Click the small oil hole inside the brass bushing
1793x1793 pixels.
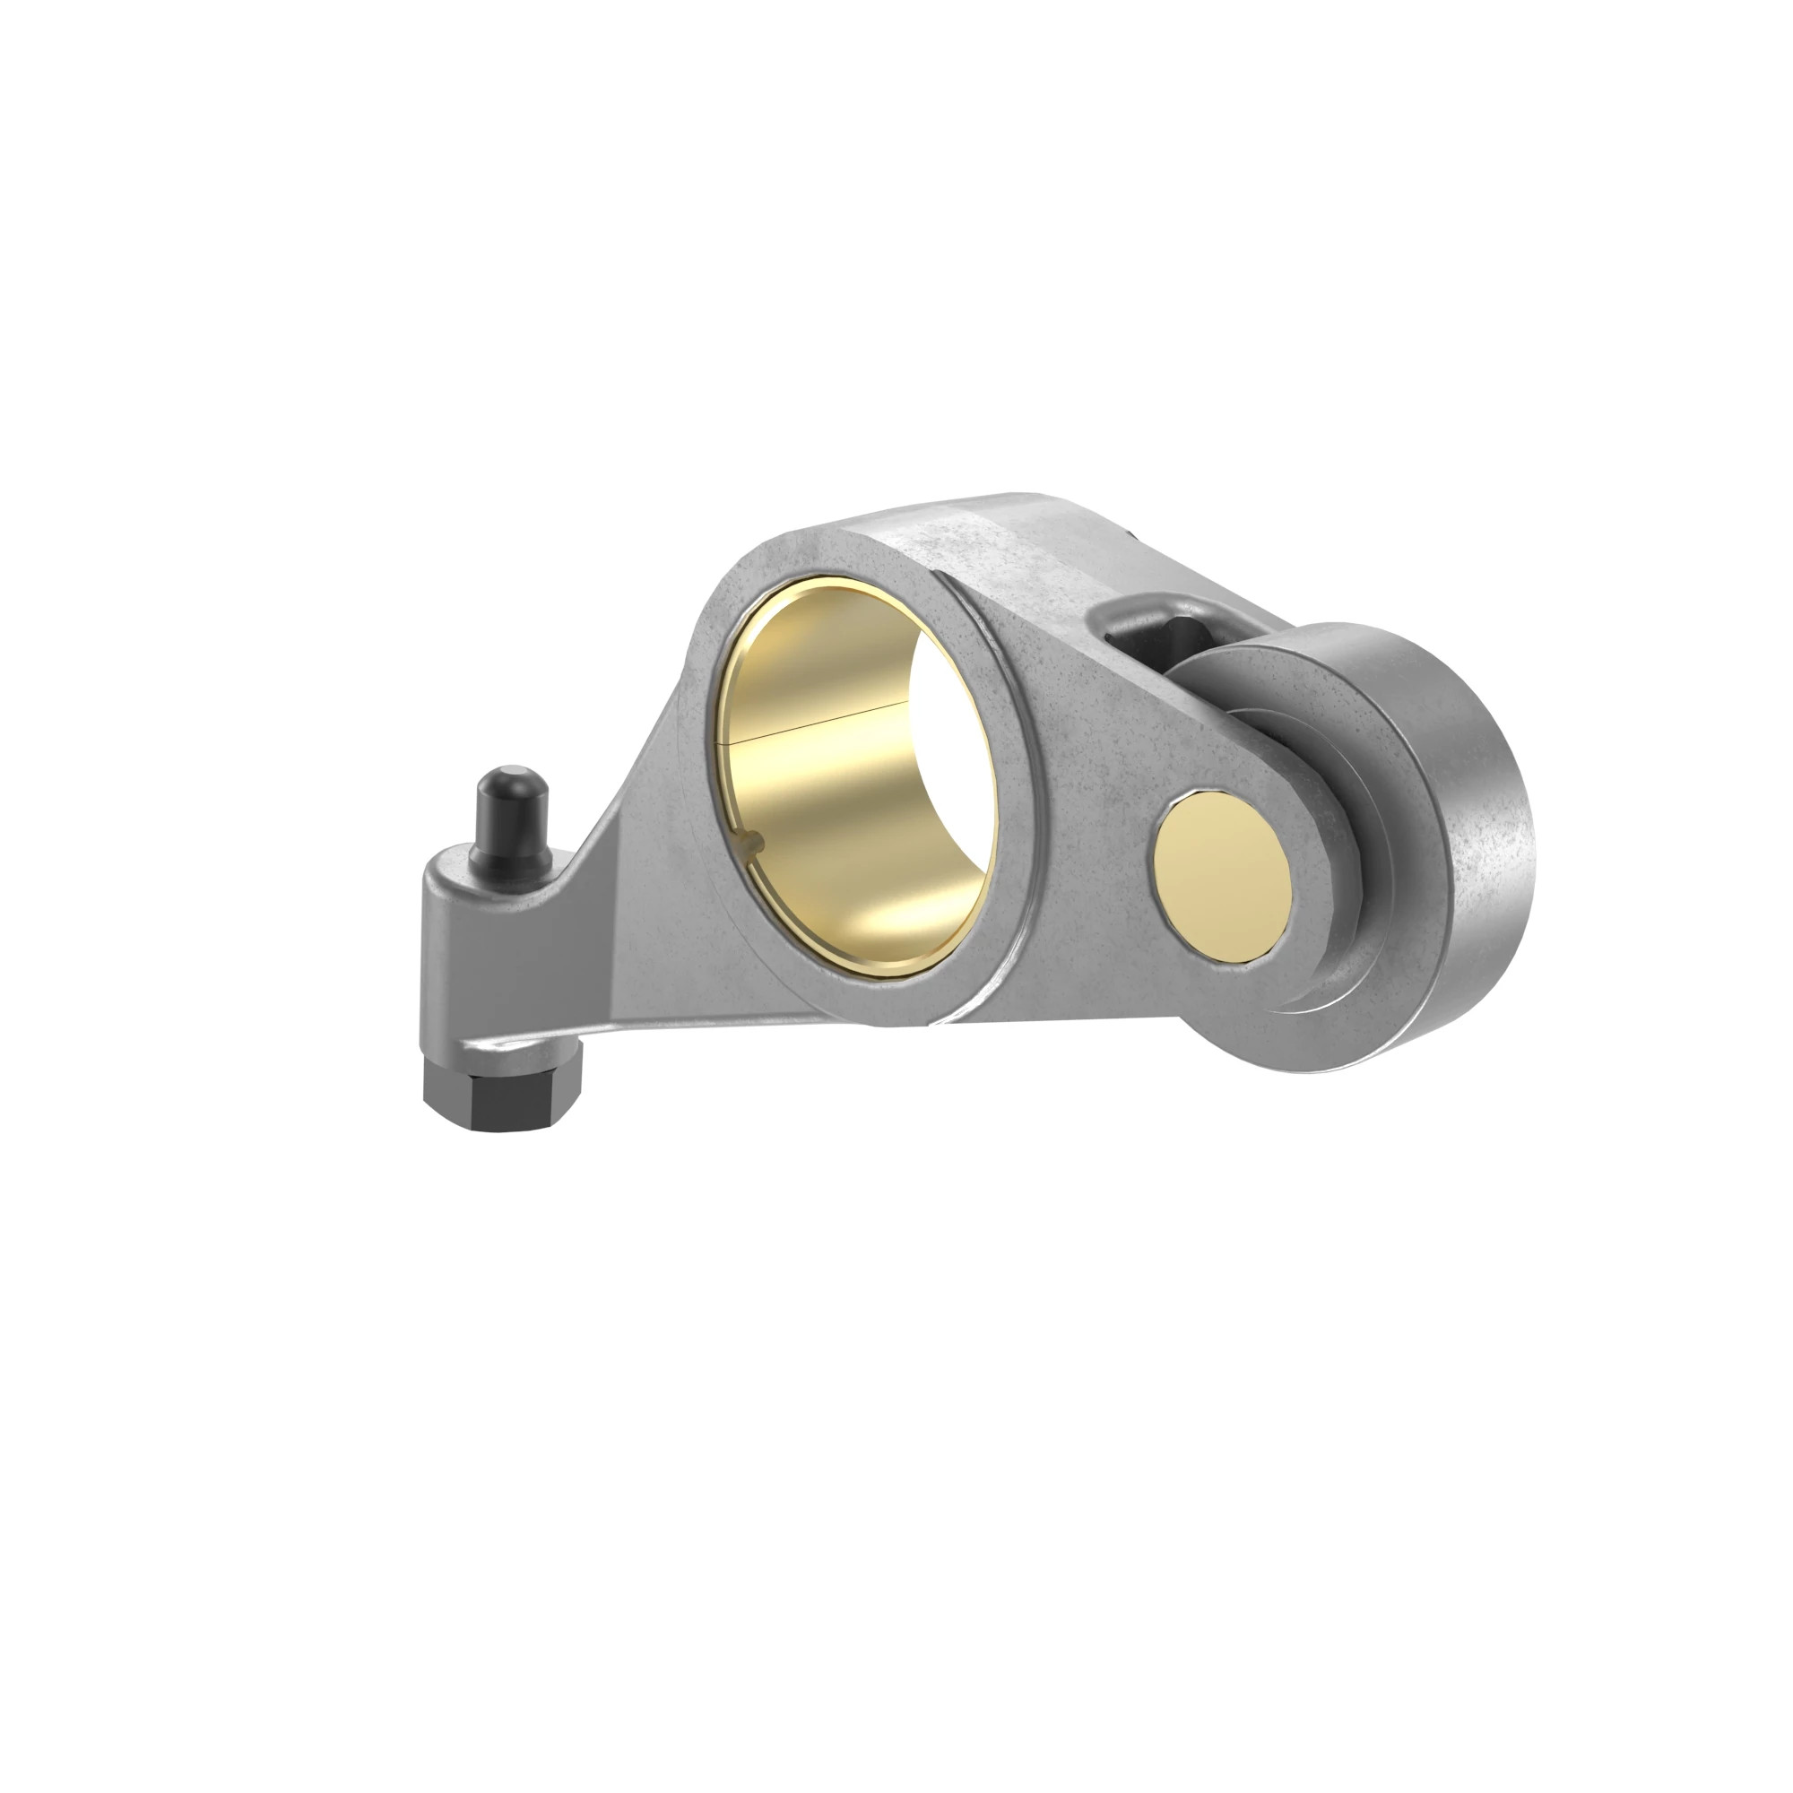point(756,843)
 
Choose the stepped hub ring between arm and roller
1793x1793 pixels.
point(1318,966)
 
